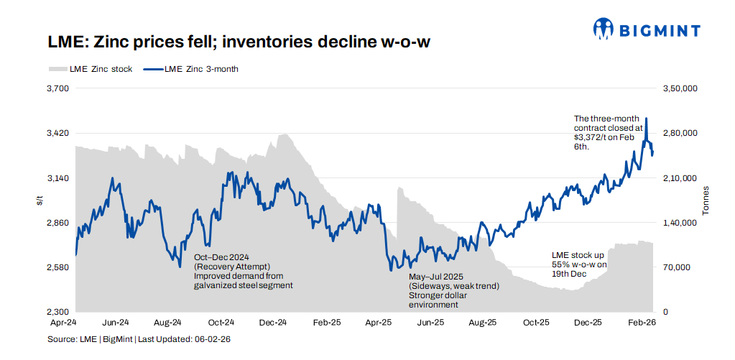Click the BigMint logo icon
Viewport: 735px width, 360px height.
604,29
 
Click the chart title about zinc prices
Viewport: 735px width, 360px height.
239,42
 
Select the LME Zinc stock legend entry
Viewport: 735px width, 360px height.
91,70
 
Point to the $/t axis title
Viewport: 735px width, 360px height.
40,201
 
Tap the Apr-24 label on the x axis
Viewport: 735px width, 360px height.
75,323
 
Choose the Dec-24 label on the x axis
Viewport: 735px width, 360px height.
273,323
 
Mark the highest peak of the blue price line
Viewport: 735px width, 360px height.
647,119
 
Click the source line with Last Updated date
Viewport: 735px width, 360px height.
144,338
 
